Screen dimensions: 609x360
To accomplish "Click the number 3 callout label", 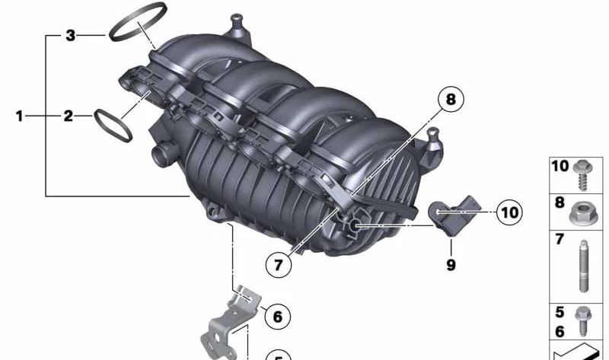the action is tap(70, 35).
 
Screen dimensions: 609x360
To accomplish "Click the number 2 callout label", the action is tap(69, 116).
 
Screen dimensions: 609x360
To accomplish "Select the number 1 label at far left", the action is tap(20, 116).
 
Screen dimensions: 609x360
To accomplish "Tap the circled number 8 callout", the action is tap(451, 99).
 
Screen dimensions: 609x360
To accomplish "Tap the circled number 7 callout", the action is tap(279, 265).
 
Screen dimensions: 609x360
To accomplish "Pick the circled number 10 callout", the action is tap(509, 212).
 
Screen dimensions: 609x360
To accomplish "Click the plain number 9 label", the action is tap(451, 265).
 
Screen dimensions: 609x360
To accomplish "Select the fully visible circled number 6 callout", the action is tap(277, 316).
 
